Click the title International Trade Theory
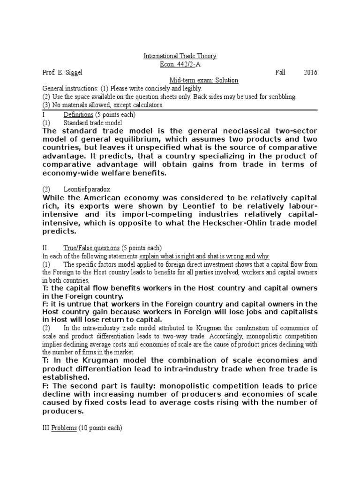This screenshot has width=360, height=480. point(180,56)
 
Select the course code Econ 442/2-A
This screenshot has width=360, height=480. point(180,64)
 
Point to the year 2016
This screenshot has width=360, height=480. point(310,72)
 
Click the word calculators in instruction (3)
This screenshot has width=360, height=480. point(148,105)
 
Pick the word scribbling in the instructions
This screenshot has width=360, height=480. point(279,97)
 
